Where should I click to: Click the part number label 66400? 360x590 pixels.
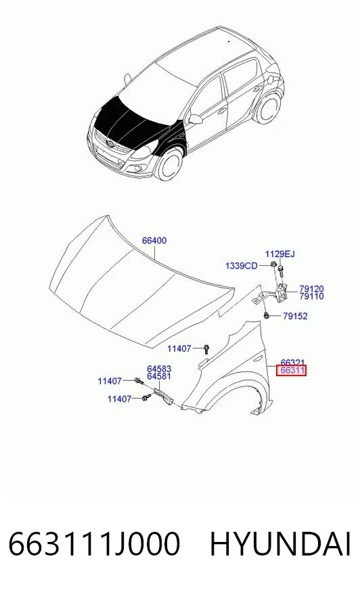pyautogui.click(x=154, y=240)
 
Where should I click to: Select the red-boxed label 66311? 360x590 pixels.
pyautogui.click(x=292, y=370)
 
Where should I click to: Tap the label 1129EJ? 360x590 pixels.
pyautogui.click(x=279, y=254)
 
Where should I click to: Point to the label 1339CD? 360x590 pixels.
pyautogui.click(x=241, y=266)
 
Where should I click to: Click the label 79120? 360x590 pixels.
pyautogui.click(x=311, y=289)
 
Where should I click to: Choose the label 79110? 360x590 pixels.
pyautogui.click(x=311, y=296)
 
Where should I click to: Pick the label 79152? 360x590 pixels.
pyautogui.click(x=295, y=316)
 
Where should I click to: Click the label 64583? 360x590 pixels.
pyautogui.click(x=159, y=369)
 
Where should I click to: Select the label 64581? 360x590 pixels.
pyautogui.click(x=159, y=376)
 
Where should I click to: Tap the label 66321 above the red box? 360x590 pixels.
pyautogui.click(x=292, y=362)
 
